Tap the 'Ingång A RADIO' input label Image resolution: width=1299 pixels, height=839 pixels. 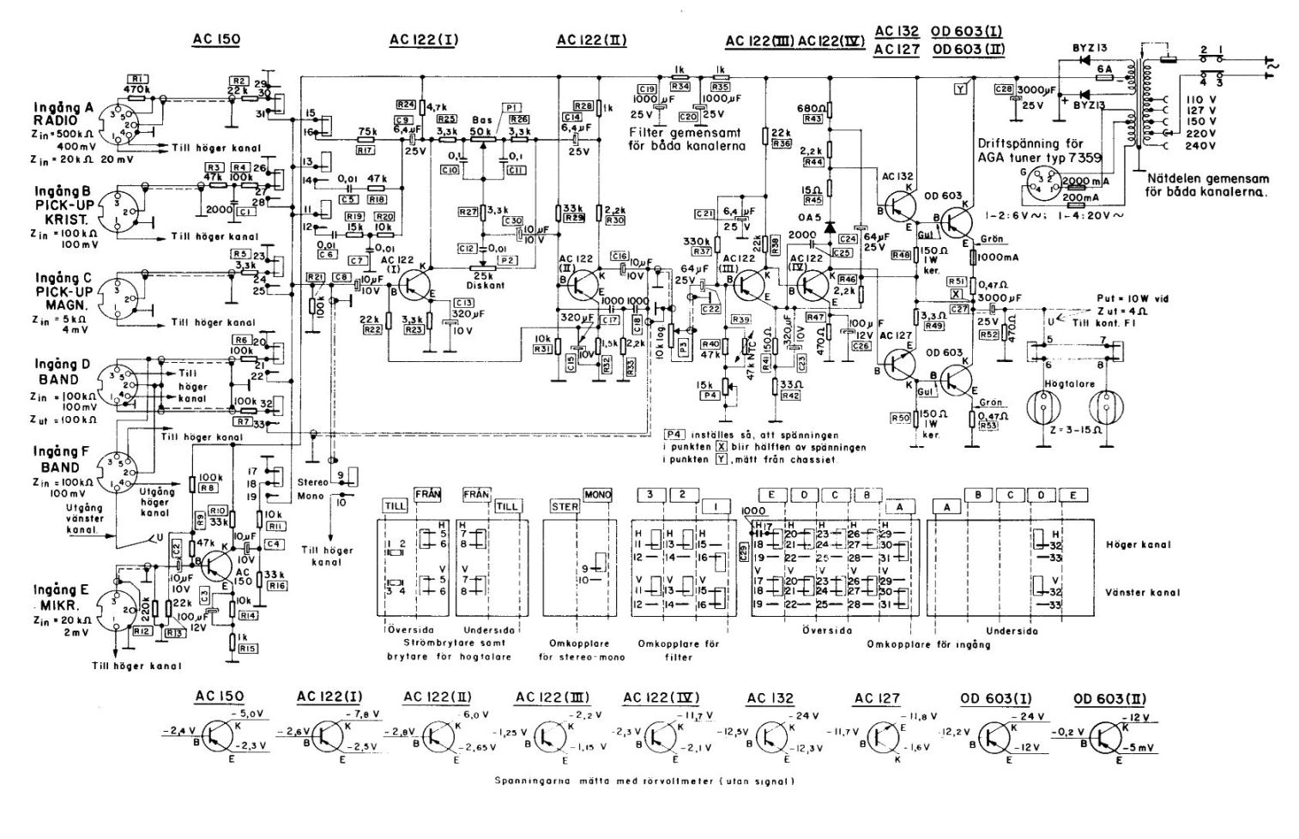pos(64,114)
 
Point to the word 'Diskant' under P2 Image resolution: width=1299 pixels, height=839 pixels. pos(484,287)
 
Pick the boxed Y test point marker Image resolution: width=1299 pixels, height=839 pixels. pos(960,87)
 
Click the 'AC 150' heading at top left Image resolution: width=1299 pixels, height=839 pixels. pos(217,39)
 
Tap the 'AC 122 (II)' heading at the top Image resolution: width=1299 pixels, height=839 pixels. pos(592,39)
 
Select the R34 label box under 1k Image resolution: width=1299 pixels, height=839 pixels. pos(680,87)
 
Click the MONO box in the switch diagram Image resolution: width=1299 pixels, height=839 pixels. pos(597,495)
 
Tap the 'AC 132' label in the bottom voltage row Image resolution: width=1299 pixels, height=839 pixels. pos(770,698)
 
